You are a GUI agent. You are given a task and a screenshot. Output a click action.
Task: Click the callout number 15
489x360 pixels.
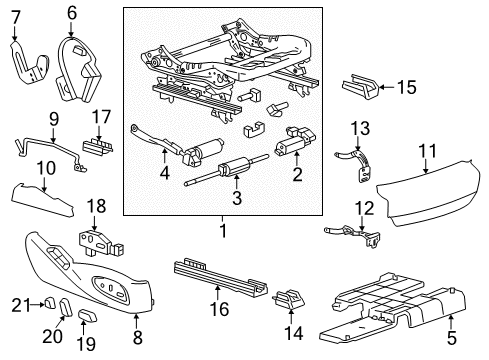[x=405, y=88]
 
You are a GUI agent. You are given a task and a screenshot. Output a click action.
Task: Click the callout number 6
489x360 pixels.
[x=72, y=13]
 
